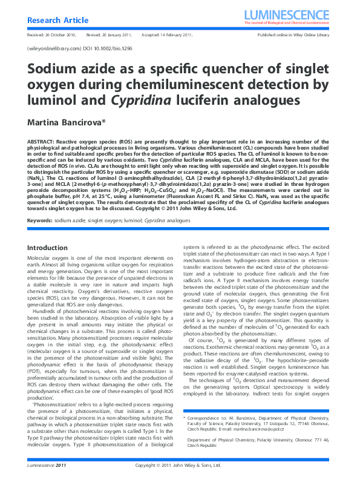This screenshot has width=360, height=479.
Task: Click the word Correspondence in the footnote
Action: click(x=204, y=418)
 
